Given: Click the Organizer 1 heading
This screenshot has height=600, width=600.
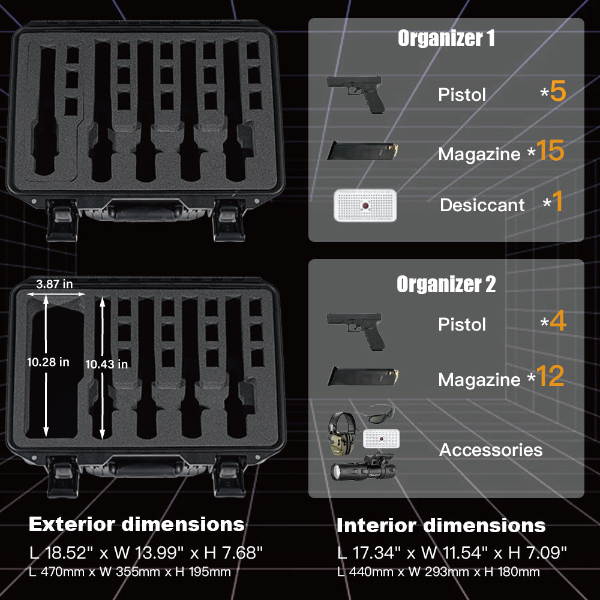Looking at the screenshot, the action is [x=446, y=38].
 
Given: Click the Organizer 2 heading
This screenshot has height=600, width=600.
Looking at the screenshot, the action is [x=446, y=284].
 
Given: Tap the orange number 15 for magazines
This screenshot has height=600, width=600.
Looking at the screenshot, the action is [x=550, y=150].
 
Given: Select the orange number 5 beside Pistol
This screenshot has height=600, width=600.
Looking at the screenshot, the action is [x=558, y=91].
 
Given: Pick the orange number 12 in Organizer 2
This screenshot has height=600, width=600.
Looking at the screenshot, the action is [x=550, y=376].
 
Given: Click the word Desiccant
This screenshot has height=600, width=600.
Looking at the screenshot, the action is [x=482, y=205].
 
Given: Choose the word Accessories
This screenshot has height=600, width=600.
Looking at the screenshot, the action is [x=491, y=449].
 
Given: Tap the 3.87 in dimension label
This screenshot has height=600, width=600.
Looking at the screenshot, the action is [x=55, y=284].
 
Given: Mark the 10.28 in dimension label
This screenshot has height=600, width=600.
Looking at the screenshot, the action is [x=48, y=362].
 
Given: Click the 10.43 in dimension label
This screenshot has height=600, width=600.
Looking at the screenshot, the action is [x=106, y=364].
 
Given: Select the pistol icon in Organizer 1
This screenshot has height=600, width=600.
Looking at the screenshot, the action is [x=356, y=94].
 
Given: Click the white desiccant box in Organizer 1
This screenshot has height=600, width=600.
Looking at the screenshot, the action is [x=365, y=205].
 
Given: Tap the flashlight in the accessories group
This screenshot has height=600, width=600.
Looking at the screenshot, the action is [x=363, y=467].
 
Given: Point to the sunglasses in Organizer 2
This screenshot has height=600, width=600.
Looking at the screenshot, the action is [x=375, y=413].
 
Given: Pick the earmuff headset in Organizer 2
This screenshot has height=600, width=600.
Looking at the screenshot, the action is [x=342, y=434].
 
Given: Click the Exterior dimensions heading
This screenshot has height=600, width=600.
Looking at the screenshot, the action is [x=137, y=524].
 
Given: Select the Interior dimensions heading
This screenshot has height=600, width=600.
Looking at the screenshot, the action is [x=441, y=526].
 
